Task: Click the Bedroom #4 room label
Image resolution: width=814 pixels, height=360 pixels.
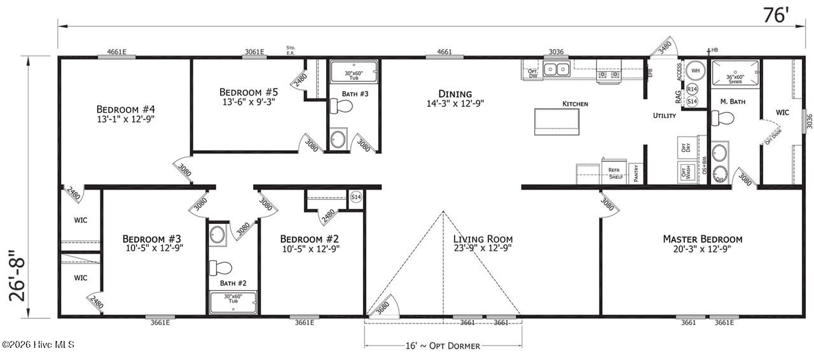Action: coord(125,108)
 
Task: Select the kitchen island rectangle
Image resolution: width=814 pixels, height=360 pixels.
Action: coord(557,121)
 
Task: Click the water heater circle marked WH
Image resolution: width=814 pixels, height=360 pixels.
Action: coord(696,70)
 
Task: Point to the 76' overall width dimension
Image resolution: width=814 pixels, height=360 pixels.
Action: coord(775,15)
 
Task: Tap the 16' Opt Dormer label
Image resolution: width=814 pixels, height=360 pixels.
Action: coord(443,345)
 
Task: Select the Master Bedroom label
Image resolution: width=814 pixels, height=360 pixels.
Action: coord(702,239)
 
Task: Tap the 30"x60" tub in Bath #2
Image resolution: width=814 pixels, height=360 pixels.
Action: coord(233,302)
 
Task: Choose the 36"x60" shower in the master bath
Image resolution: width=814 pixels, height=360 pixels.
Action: coord(735,73)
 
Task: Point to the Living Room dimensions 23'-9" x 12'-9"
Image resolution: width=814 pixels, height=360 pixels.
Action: coord(483,249)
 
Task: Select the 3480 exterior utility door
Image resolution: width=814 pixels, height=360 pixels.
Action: coord(663,48)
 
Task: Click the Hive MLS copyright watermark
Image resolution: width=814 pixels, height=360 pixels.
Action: coord(38,345)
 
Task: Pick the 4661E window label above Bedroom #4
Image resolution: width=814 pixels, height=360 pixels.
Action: coord(116,52)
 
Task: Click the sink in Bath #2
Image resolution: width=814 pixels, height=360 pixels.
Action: coord(217,234)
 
